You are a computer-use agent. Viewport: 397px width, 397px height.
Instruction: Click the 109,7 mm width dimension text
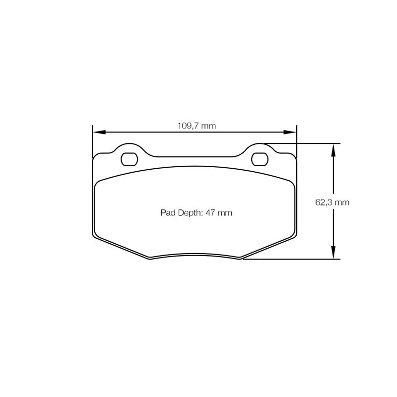click(x=197, y=126)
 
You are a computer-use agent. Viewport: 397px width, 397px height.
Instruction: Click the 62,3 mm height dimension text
click(x=332, y=202)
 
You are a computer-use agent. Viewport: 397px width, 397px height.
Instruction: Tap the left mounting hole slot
click(x=130, y=159)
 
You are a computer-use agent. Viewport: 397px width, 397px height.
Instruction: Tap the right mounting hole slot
click(x=260, y=159)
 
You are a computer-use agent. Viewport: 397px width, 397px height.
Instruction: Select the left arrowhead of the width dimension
click(x=99, y=132)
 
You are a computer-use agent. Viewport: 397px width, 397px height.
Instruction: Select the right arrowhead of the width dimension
click(x=290, y=132)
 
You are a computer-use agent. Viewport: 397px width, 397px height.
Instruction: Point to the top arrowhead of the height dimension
click(x=333, y=150)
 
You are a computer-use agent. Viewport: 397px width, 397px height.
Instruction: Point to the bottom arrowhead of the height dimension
click(x=333, y=253)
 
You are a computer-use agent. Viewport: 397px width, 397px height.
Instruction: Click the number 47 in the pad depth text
click(x=210, y=213)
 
